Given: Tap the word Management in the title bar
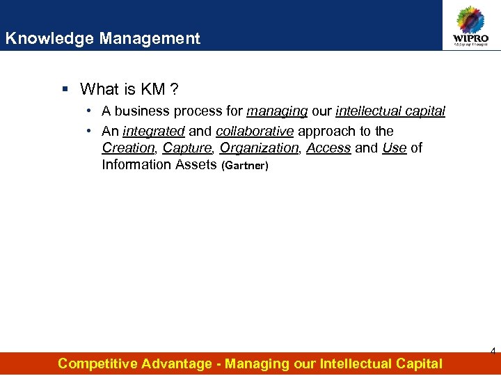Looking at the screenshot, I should pyautogui.click(x=150, y=38).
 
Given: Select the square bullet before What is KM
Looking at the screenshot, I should pyautogui.click(x=65, y=89).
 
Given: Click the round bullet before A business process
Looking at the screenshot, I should pyautogui.click(x=90, y=111).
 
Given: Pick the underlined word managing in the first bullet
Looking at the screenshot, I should pyautogui.click(x=277, y=111).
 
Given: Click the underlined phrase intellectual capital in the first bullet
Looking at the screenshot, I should pyautogui.click(x=390, y=111).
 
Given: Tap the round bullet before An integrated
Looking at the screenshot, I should pyautogui.click(x=90, y=131).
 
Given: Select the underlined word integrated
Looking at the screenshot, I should pyautogui.click(x=153, y=131).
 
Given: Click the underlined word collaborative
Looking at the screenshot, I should pyautogui.click(x=255, y=131).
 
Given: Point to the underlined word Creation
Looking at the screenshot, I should pyautogui.click(x=128, y=148).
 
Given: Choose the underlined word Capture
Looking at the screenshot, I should pyautogui.click(x=187, y=148).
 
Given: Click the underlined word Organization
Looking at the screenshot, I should pyautogui.click(x=259, y=148).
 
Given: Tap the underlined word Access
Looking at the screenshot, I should pyautogui.click(x=328, y=148).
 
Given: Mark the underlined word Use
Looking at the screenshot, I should pyautogui.click(x=394, y=148).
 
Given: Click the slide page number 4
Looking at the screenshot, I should pyautogui.click(x=493, y=352).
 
